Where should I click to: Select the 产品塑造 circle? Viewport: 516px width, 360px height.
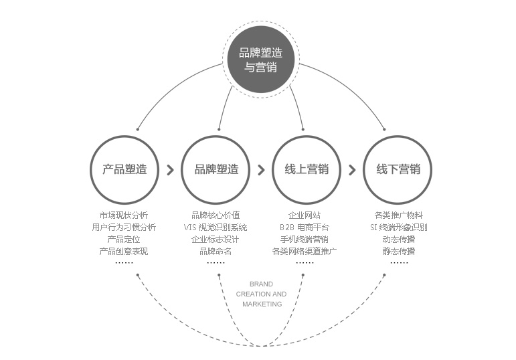click(124, 169)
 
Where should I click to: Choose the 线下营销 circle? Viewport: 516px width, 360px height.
click(398, 169)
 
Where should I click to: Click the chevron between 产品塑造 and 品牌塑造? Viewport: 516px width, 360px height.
click(170, 170)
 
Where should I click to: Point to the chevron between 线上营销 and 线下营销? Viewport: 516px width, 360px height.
click(352, 170)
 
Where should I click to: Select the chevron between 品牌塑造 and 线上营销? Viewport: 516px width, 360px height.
click(261, 170)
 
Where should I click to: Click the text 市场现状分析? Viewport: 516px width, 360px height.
click(124, 215)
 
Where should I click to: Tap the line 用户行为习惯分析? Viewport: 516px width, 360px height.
click(124, 228)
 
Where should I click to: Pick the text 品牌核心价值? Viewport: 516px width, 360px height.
click(216, 215)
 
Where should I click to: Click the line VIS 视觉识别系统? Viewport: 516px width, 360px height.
click(216, 228)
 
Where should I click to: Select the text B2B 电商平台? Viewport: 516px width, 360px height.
click(305, 228)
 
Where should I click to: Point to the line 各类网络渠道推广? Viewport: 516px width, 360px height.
click(305, 252)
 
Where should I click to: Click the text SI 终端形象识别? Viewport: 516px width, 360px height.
click(398, 228)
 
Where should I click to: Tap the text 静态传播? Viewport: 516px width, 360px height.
click(398, 252)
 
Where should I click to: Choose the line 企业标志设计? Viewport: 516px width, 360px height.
click(216, 240)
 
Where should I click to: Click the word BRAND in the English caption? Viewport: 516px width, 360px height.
click(261, 284)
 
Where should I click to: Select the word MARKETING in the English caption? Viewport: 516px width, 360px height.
click(262, 304)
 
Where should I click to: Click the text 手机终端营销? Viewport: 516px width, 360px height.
click(305, 240)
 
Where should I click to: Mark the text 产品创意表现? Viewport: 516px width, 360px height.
click(124, 252)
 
